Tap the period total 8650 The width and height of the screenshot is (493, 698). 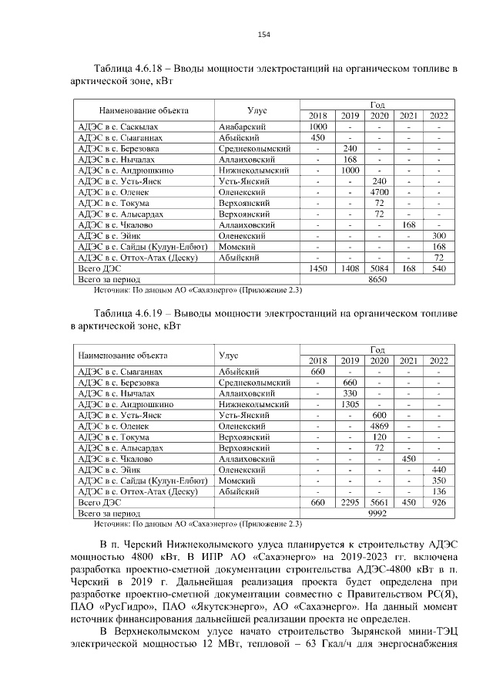[377, 278]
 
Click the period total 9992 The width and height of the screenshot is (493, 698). [377, 512]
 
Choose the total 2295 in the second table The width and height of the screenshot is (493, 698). [350, 501]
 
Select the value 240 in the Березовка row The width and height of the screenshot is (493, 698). [350, 147]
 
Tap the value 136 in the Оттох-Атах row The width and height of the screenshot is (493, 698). [439, 491]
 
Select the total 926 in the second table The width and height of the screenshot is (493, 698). [439, 501]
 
